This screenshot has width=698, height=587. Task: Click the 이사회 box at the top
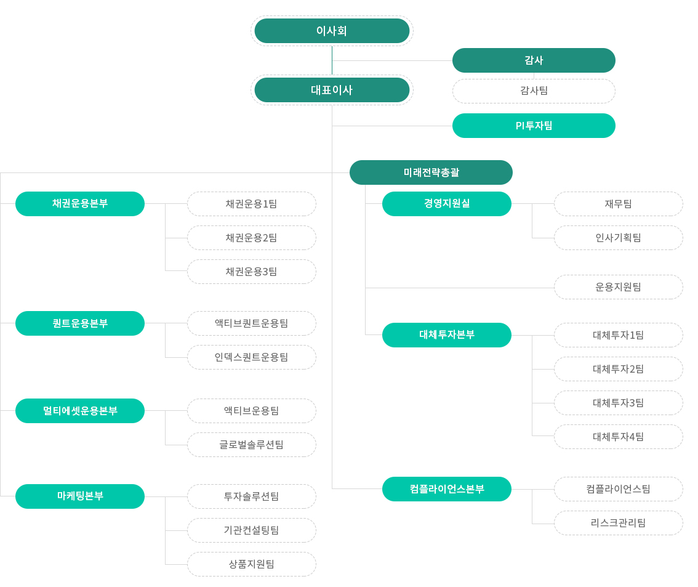coord(332,31)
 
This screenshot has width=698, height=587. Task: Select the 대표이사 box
coord(332,90)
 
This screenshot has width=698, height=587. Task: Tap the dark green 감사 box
coord(534,60)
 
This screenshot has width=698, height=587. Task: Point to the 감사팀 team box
coord(534,91)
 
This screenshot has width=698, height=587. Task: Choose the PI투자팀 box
coord(534,126)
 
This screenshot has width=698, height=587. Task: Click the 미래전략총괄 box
coord(431,172)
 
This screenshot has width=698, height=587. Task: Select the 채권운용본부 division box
coord(80,203)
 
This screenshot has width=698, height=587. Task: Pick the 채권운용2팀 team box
coord(252,238)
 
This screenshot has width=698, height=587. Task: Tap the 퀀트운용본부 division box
coord(80,323)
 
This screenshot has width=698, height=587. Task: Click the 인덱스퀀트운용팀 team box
coord(252,357)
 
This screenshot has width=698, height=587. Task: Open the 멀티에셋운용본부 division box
coord(80,411)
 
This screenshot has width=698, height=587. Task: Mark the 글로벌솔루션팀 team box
coord(252,445)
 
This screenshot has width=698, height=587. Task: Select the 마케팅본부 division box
coord(80,496)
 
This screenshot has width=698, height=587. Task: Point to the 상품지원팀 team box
coord(252,564)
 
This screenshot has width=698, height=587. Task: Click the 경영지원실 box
coord(447,203)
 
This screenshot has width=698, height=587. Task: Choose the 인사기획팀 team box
coord(619,238)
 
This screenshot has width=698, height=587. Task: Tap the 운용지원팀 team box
coord(619,287)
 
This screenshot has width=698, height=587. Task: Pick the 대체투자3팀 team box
coord(619,403)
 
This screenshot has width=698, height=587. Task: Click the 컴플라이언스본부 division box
coord(447,489)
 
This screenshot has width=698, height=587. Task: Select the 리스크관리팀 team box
coord(619,523)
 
